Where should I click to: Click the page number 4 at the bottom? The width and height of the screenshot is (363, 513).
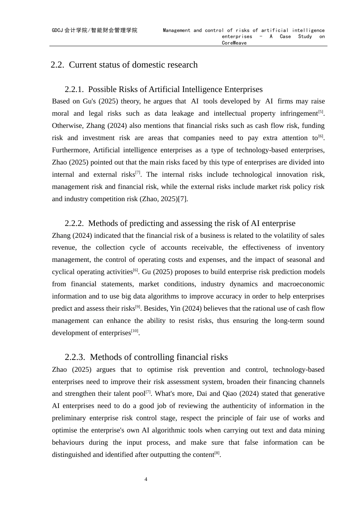pyautogui.click(x=146, y=479)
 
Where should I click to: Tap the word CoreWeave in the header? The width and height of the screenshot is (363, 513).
pyautogui.click(x=234, y=43)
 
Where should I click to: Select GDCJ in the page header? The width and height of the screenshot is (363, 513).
pyautogui.click(x=58, y=31)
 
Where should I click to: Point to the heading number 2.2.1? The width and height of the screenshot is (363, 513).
pyautogui.click(x=74, y=90)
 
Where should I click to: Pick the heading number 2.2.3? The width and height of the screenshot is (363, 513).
pyautogui.click(x=75, y=357)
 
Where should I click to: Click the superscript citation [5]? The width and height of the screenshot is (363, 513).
pyautogui.click(x=321, y=112)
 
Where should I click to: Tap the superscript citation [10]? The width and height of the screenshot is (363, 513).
pyautogui.click(x=135, y=331)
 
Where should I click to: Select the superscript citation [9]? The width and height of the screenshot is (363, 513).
pyautogui.click(x=138, y=307)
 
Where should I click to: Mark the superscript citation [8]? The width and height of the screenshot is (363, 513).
pyautogui.click(x=217, y=453)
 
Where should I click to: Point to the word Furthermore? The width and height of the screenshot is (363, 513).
pyautogui.click(x=71, y=150)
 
